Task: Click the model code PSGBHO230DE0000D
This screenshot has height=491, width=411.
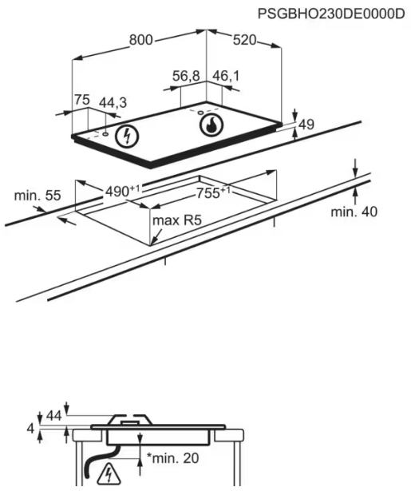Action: pos(331,14)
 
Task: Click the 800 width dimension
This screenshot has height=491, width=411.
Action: pos(141,40)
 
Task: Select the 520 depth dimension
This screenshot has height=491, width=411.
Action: pos(244,40)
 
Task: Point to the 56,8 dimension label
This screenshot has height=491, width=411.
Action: pos(186,76)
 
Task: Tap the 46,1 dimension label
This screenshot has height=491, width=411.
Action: pos(226,76)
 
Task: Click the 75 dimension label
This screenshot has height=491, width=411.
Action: pos(82,100)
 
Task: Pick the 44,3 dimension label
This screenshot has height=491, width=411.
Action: pos(113,102)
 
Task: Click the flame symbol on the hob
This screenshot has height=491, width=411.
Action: pos(211,125)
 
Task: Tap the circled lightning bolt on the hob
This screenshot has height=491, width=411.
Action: pos(127,137)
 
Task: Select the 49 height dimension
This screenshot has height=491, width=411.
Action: pos(306,125)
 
